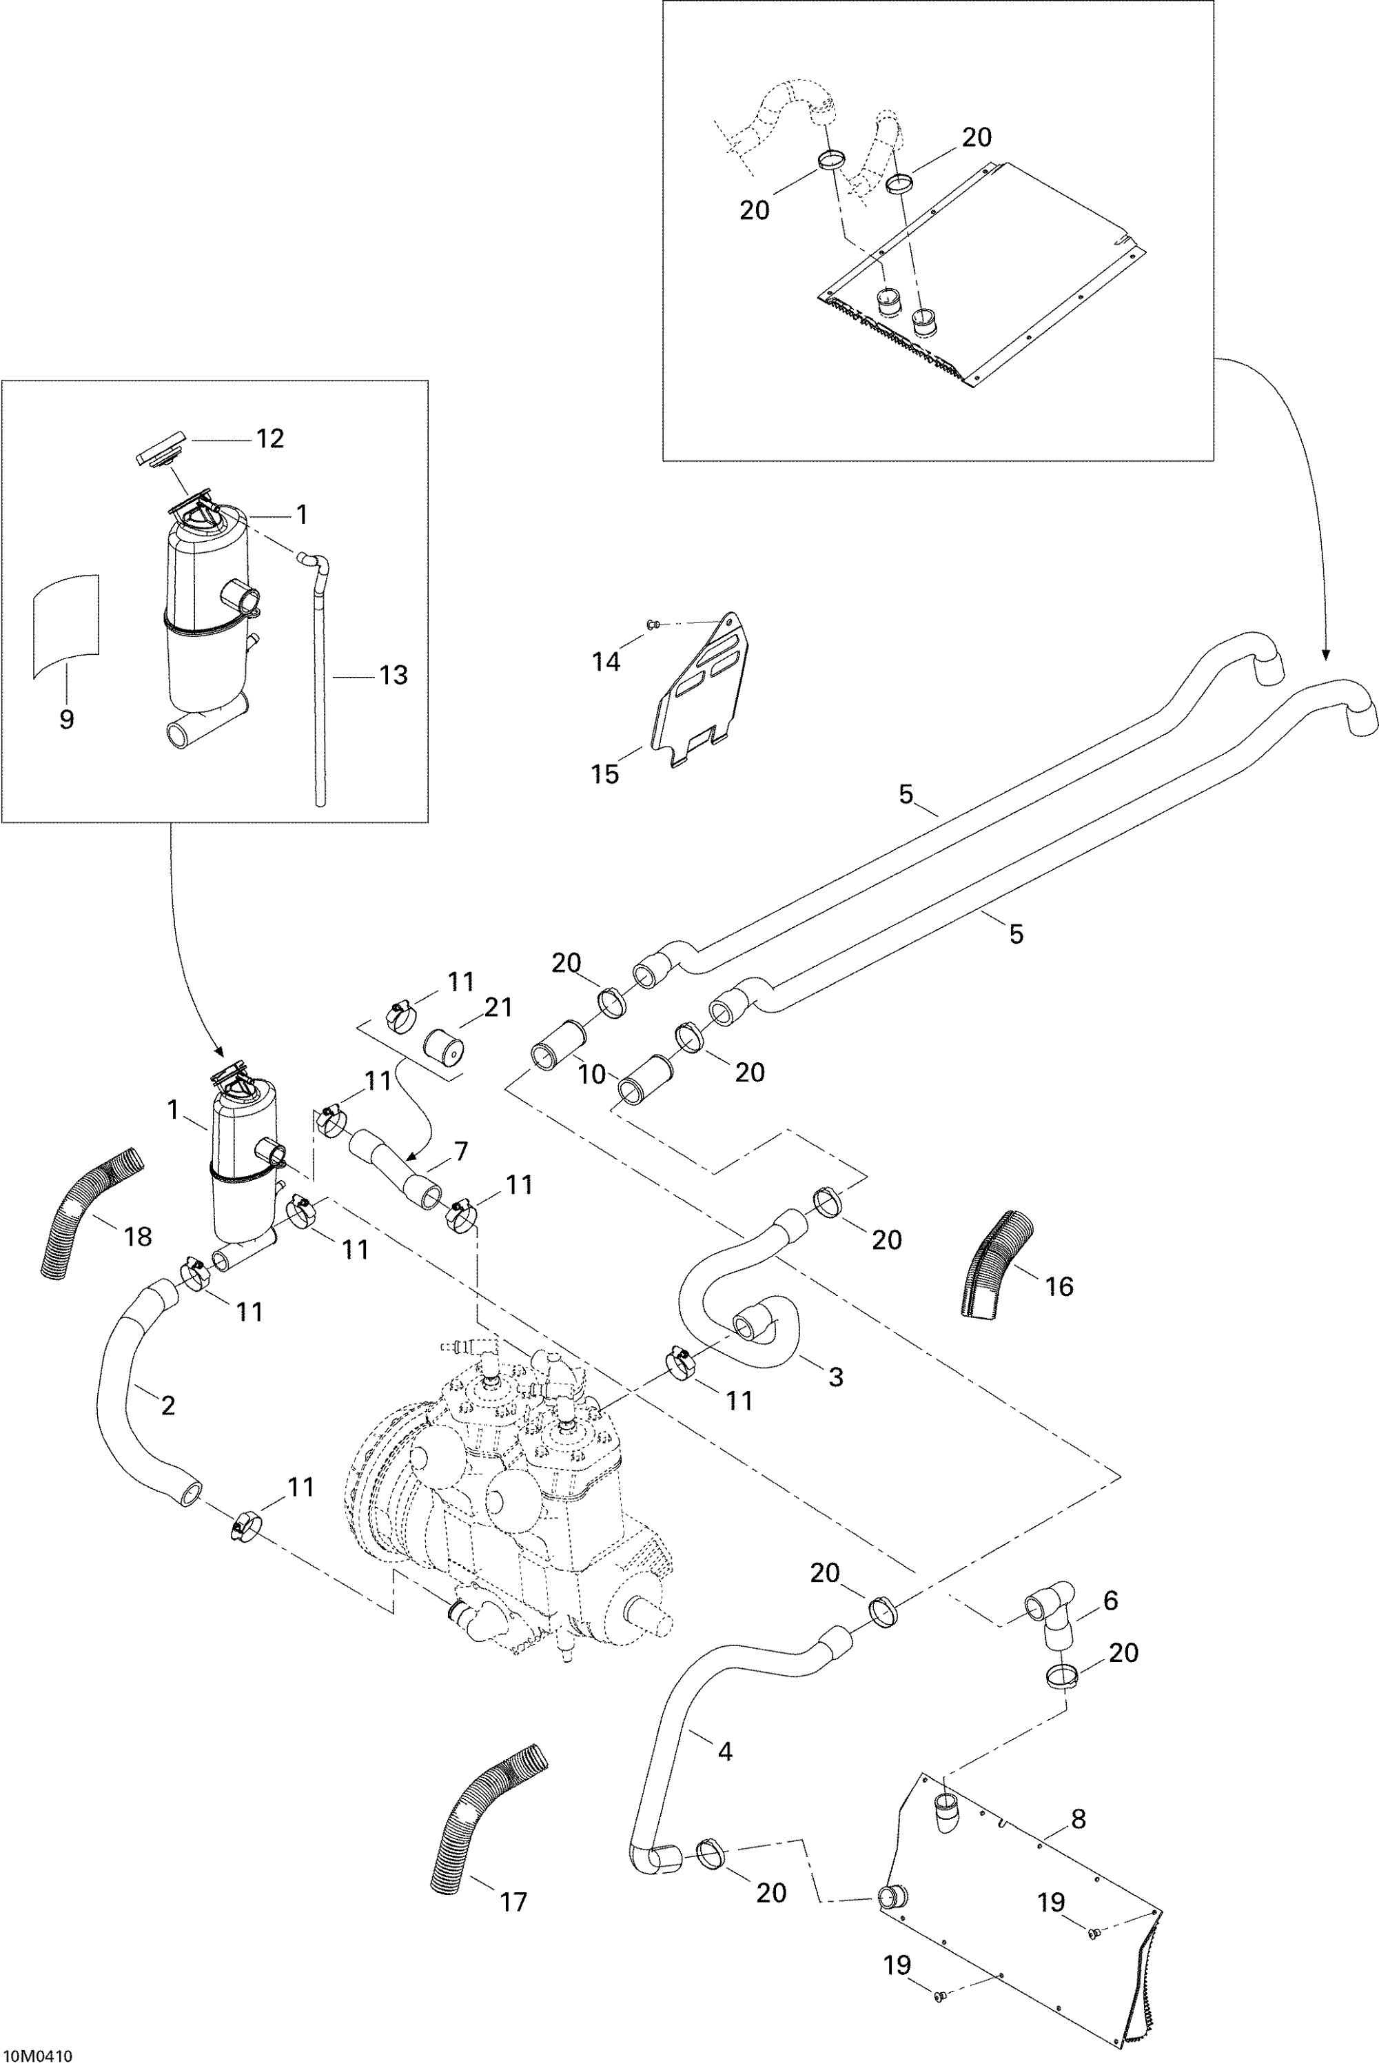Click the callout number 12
point(270,439)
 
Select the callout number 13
point(393,676)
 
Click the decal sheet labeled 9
point(66,627)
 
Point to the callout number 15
point(605,774)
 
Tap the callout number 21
point(498,1008)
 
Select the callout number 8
point(1079,1819)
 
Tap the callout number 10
point(592,1074)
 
